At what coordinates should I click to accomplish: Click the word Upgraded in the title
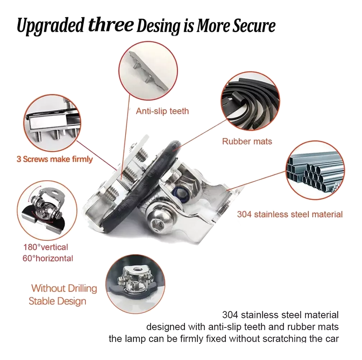click(x=50, y=26)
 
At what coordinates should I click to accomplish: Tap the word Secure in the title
click(x=254, y=25)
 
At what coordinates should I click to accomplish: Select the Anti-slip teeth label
click(x=162, y=111)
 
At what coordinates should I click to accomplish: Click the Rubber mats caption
click(x=247, y=141)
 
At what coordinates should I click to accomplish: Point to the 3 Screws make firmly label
click(x=55, y=159)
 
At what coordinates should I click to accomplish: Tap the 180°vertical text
click(x=46, y=247)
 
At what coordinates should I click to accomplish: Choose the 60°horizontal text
click(x=48, y=258)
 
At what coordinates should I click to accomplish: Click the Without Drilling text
click(x=64, y=288)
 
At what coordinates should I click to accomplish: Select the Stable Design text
click(x=57, y=301)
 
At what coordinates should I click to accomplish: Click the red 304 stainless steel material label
click(x=290, y=214)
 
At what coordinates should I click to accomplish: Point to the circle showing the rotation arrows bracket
click(x=47, y=210)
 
